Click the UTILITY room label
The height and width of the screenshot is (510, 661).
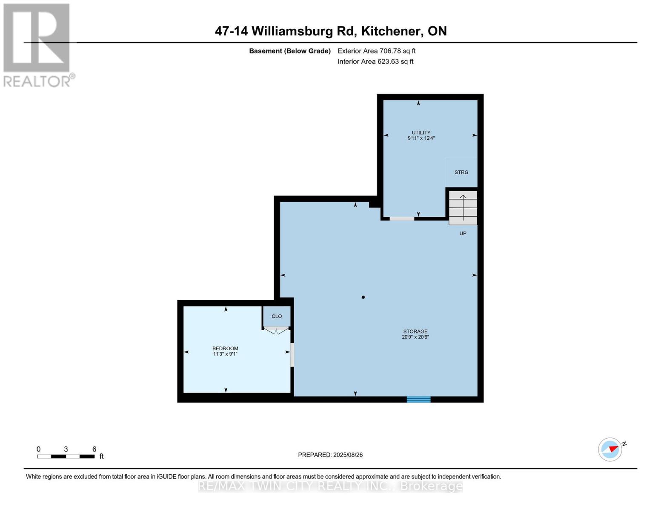(x=421, y=133)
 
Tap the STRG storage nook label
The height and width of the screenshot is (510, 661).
(x=461, y=172)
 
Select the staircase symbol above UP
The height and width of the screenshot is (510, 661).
(x=463, y=207)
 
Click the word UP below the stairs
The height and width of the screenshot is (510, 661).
(x=463, y=233)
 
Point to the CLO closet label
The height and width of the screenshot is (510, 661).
(x=277, y=316)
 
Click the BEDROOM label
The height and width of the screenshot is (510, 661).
(x=225, y=348)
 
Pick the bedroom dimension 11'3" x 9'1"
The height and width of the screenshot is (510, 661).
(x=225, y=354)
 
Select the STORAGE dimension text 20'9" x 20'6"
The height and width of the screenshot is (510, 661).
(x=415, y=337)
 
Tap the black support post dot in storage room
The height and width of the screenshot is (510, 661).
(x=363, y=297)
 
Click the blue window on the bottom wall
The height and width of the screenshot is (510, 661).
(x=418, y=399)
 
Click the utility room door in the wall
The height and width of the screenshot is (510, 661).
(x=402, y=219)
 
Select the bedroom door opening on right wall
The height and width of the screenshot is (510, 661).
(x=292, y=355)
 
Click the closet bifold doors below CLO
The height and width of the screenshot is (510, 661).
(x=276, y=330)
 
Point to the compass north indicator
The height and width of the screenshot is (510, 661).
(x=611, y=449)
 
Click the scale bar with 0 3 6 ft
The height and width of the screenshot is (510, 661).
(x=66, y=456)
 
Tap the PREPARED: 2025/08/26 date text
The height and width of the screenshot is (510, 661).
(x=330, y=455)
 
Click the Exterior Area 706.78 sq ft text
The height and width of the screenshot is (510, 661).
(x=376, y=51)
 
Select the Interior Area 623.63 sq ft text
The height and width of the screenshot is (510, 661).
(x=375, y=62)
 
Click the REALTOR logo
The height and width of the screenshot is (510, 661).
(x=37, y=45)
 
